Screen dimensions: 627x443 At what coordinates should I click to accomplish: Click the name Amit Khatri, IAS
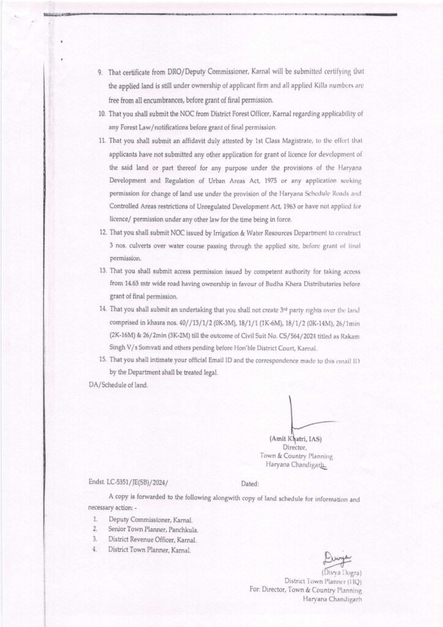tap(296, 438)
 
